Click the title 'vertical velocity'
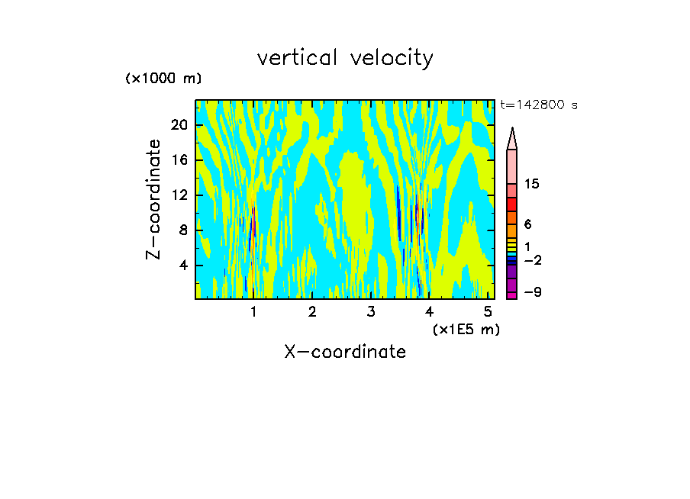coord(345,58)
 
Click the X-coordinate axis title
coord(345,352)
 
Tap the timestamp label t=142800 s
coord(538,105)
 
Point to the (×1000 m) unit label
coord(163,79)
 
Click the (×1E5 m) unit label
coord(466,329)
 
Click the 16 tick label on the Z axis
coord(179,160)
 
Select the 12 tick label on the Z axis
coord(179,195)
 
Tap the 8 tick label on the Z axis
coord(182,230)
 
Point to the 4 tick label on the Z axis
coord(182,266)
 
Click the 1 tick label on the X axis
coord(253,312)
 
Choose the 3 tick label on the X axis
coord(371,312)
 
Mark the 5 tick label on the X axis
coord(488,312)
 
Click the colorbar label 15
coord(532,185)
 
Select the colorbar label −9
coord(532,293)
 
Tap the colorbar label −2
coord(532,261)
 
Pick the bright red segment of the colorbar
coord(511,204)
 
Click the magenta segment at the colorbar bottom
coord(511,295)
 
